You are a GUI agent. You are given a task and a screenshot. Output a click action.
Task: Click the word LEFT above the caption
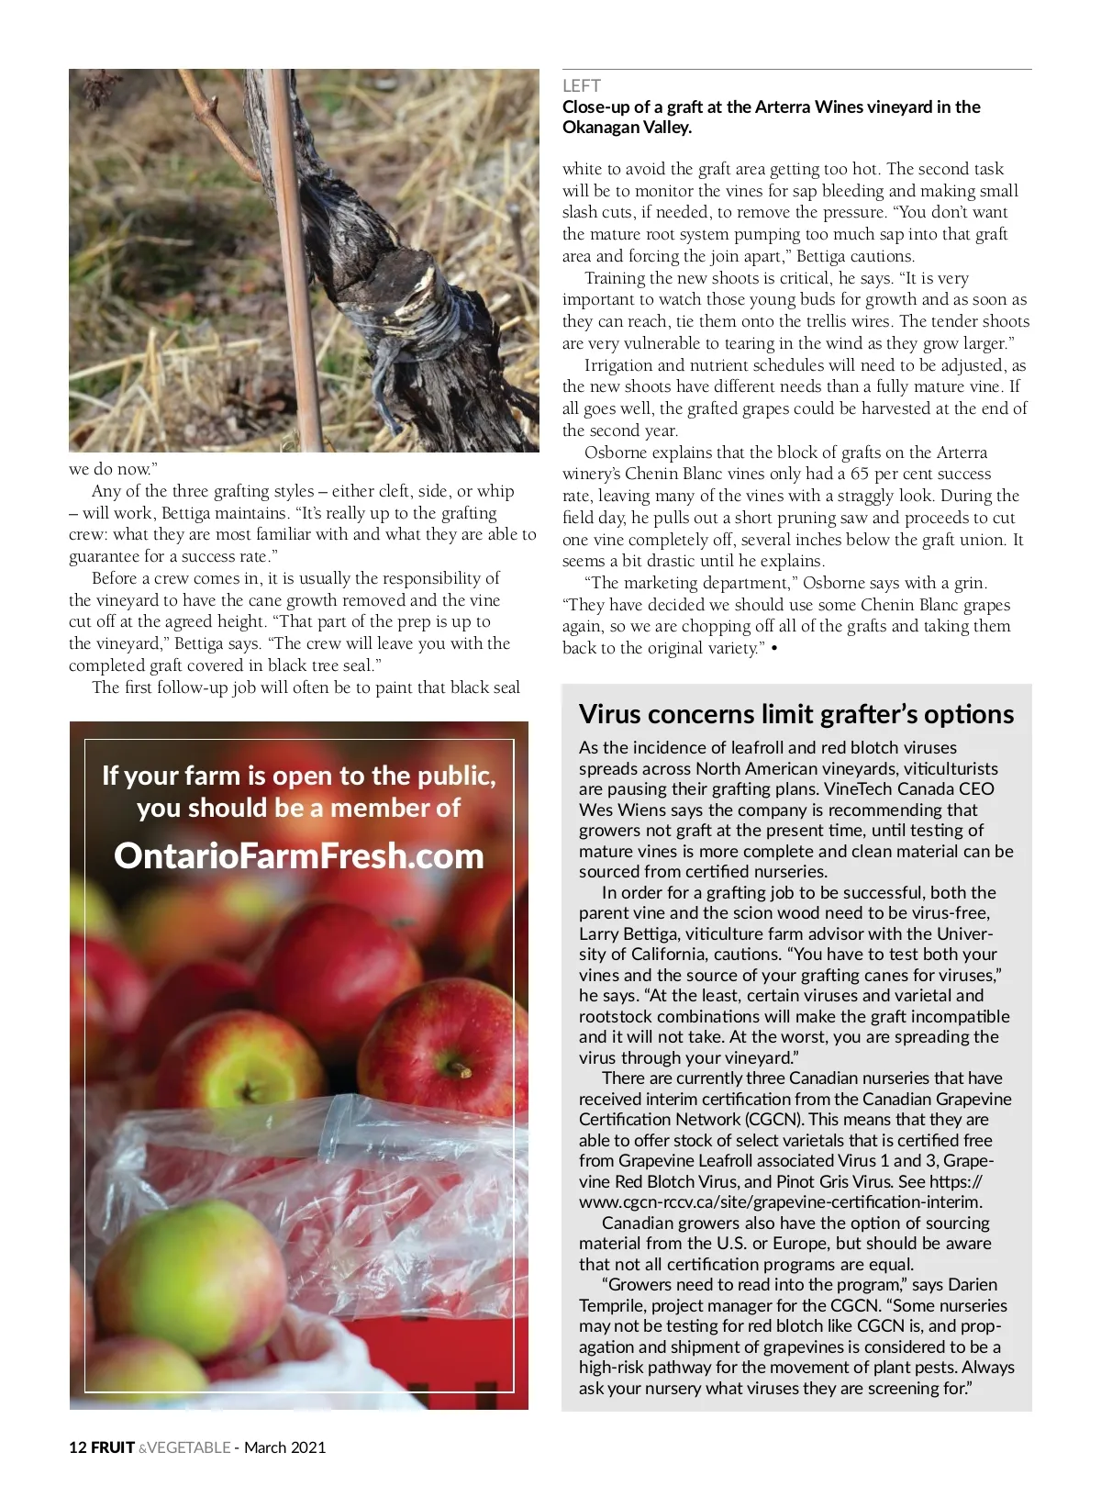coord(581,86)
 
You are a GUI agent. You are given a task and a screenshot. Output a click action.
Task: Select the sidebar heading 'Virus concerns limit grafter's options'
coord(796,714)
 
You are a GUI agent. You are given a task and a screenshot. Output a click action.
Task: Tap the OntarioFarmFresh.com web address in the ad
coord(298,855)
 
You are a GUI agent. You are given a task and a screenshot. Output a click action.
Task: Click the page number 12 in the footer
coord(77,1447)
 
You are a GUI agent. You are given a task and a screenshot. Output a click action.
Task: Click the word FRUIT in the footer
coord(113,1447)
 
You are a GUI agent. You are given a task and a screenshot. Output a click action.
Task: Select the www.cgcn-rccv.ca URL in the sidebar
coord(780,1201)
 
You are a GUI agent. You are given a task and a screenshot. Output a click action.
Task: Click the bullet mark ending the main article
coord(774,649)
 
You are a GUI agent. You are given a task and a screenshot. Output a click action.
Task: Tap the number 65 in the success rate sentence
coord(860,475)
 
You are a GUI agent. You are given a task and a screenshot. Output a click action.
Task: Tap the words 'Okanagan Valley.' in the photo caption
coord(627,128)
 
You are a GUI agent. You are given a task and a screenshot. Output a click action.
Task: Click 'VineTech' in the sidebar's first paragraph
coord(858,789)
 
